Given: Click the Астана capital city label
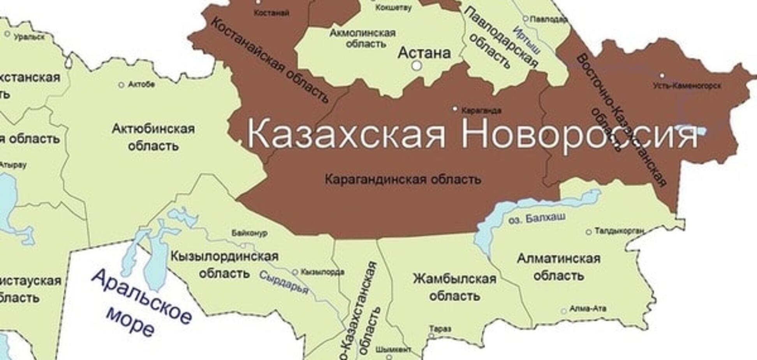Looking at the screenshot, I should tap(424, 53).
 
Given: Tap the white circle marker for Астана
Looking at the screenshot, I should tap(417, 65).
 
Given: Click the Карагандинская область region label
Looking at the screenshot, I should tap(403, 179).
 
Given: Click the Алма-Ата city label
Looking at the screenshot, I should tap(588, 309).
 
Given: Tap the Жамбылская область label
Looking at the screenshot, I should tap(454, 287).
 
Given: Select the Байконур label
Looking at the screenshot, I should tap(249, 233).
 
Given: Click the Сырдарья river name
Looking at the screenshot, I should tap(283, 282).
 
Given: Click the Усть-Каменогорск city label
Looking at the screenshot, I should tap(687, 85).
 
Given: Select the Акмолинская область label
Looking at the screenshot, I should tap(363, 38).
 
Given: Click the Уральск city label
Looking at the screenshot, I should tap(29, 37).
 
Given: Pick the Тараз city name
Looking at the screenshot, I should tap(440, 329).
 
